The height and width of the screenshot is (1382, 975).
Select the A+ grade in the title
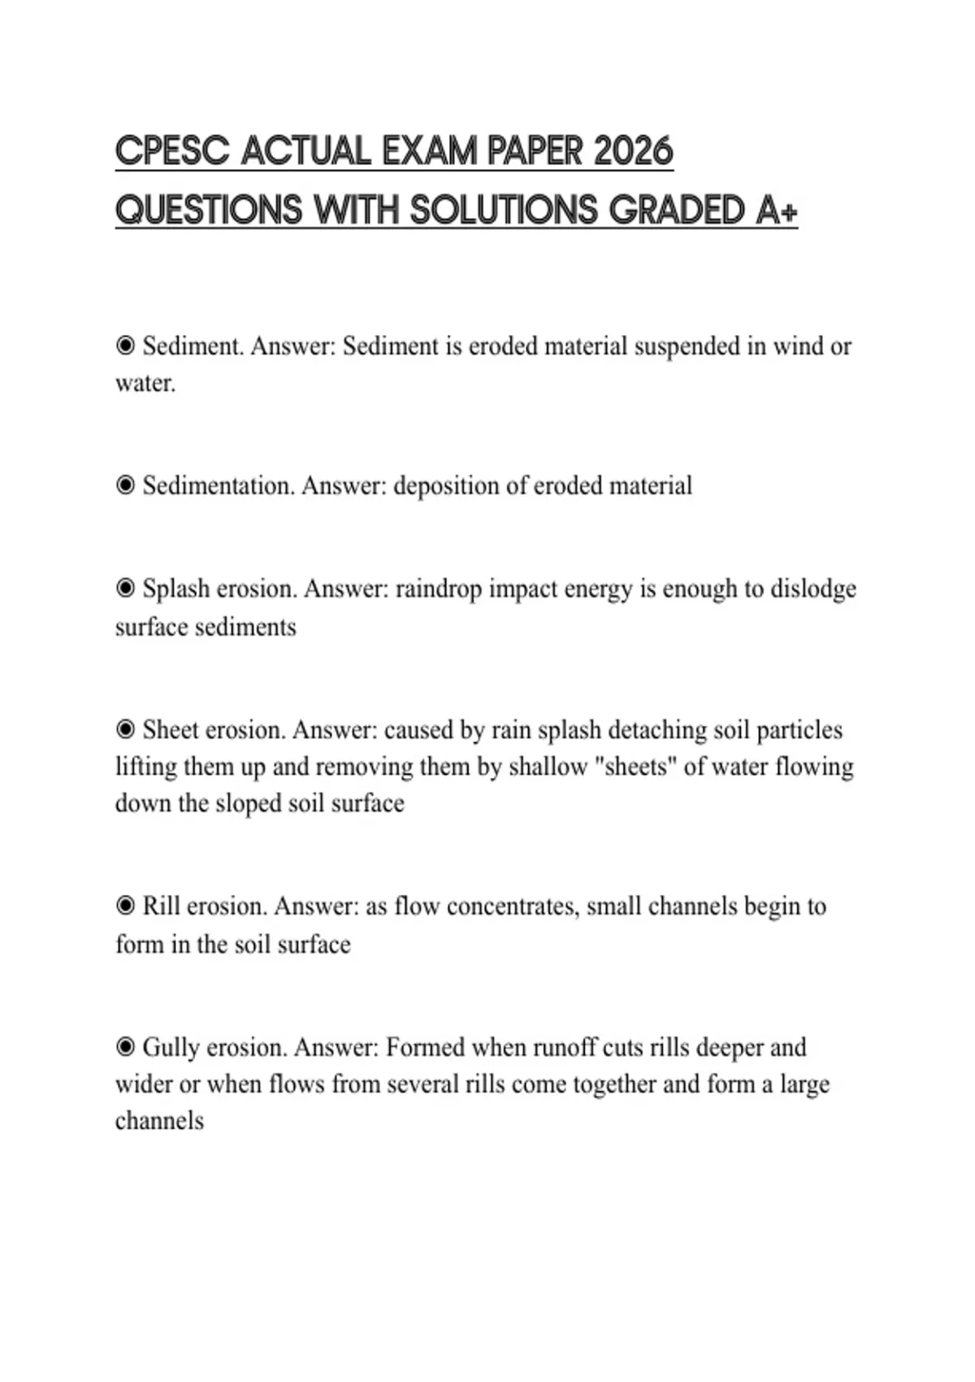(x=776, y=210)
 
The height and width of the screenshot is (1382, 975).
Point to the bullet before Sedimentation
(x=125, y=485)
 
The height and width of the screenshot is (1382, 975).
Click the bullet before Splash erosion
(x=125, y=588)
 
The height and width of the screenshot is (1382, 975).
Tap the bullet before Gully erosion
(x=125, y=1046)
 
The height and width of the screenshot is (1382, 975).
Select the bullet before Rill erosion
(x=125, y=906)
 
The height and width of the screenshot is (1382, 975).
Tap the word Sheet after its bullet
(x=170, y=730)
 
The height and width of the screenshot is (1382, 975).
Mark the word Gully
(x=171, y=1047)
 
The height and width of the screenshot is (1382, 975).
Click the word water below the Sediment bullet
(x=145, y=383)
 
